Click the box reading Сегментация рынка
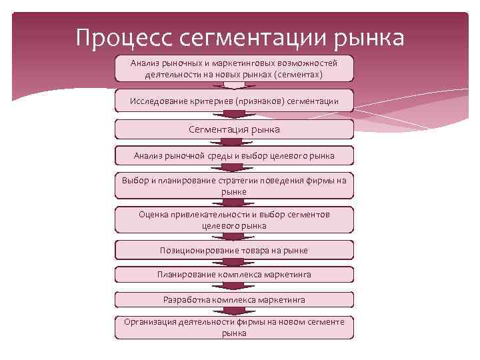(x=234, y=129)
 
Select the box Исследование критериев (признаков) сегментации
(x=234, y=101)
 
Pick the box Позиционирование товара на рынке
(x=234, y=250)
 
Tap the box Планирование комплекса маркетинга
(x=234, y=274)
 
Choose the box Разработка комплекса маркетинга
(x=234, y=299)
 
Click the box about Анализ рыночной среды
(x=234, y=156)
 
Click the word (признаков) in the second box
(x=262, y=101)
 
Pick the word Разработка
(x=187, y=299)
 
